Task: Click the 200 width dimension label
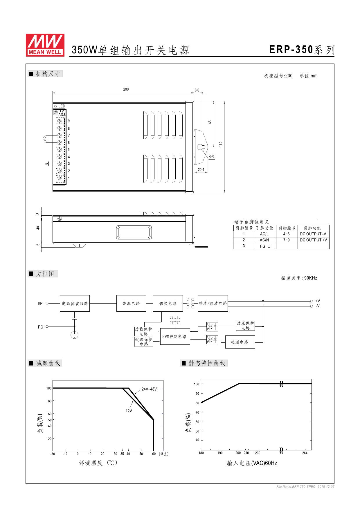[126, 89]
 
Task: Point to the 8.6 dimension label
[197, 90]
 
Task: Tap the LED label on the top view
[62, 106]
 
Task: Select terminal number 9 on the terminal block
[69, 121]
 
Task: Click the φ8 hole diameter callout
[212, 156]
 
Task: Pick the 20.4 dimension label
[201, 170]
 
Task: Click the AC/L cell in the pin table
[264, 234]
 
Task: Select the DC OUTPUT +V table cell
[313, 240]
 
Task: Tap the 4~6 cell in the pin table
[287, 234]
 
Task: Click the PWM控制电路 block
[175, 337]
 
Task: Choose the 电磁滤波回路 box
[75, 304]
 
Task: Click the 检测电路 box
[240, 342]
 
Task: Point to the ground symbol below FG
[74, 335]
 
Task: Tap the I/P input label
[40, 304]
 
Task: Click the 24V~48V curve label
[149, 389]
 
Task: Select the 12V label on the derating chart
[129, 411]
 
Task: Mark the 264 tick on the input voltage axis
[305, 453]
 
